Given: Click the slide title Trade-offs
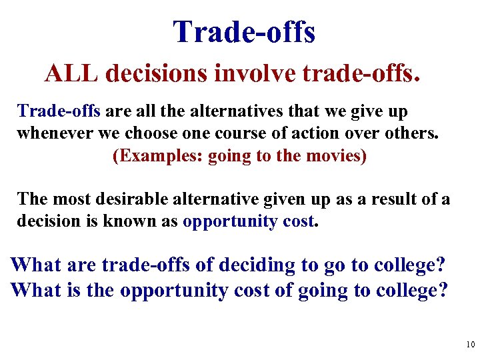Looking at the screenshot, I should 243,32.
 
